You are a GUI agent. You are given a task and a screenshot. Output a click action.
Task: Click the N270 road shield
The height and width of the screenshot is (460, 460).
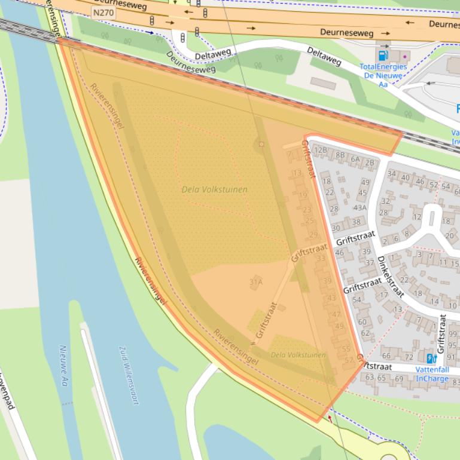point(103,12)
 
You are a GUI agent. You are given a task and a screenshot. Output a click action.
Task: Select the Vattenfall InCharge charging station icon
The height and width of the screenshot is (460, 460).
point(431,358)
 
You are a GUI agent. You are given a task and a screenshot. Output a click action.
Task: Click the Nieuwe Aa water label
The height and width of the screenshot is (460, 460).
point(64,365)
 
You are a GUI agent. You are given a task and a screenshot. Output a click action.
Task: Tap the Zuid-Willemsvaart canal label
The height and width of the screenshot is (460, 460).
point(129,375)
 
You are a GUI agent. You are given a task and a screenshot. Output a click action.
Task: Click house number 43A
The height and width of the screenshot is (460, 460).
point(360,207)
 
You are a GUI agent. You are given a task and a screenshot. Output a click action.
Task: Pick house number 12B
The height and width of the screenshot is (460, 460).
point(321,150)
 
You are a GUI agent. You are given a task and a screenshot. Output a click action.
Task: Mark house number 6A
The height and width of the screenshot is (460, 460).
point(355,159)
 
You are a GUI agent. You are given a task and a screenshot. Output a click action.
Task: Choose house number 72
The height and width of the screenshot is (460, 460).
point(409,357)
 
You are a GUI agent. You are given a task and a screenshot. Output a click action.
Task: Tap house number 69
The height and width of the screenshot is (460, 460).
point(398,378)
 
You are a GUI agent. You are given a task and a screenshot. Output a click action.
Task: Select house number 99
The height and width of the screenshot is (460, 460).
point(453,334)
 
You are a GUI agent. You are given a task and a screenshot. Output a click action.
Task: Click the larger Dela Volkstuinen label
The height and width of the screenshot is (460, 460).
point(214,189)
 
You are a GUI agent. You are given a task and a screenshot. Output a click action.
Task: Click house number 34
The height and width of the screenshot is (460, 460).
point(392,174)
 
